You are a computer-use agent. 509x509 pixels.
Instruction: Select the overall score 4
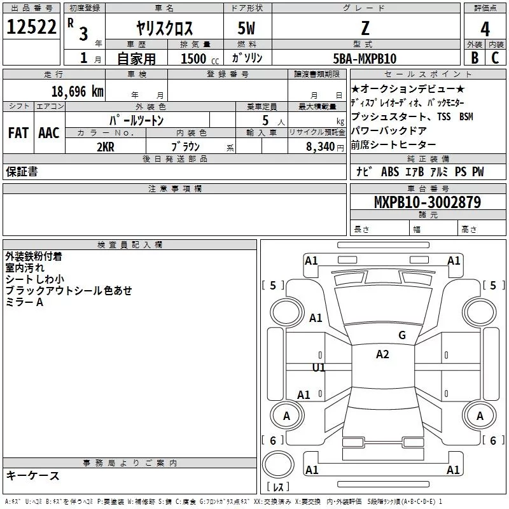tap(485, 29)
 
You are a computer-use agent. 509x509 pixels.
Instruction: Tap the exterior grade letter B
tap(474, 57)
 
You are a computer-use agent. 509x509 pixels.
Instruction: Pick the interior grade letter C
tap(495, 57)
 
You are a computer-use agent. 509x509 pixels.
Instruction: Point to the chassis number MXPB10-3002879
tap(428, 203)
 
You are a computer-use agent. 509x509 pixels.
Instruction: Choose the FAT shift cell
tap(18, 133)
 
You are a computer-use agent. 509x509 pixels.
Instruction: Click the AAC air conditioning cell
tap(48, 133)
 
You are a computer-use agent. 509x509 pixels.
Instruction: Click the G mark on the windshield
tap(401, 335)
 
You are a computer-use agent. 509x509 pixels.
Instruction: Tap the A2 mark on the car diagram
tap(382, 354)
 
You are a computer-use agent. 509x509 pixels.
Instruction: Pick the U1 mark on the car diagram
tap(319, 367)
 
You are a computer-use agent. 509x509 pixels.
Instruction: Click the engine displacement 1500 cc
tap(198, 59)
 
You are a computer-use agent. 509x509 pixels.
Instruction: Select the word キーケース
tap(32, 476)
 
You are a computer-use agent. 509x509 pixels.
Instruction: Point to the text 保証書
tap(22, 172)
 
